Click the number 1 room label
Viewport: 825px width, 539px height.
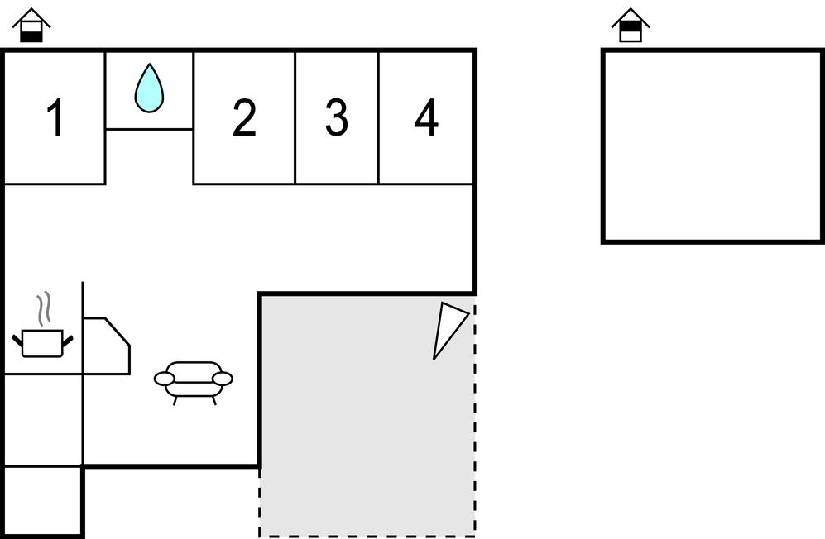pos(55,117)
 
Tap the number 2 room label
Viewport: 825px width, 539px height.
pos(245,117)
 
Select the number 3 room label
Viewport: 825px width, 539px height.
pos(337,117)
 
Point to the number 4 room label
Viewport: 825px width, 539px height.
pos(426,117)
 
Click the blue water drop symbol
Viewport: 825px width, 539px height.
pos(149,88)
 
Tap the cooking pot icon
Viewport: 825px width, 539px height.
pos(43,343)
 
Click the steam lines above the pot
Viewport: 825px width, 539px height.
pos(44,308)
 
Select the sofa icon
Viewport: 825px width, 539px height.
pos(194,382)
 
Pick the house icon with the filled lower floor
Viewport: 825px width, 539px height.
pos(31,26)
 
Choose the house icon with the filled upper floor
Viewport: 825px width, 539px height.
pos(631,26)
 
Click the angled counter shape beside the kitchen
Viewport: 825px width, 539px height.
pos(106,346)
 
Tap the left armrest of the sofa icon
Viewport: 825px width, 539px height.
pos(164,379)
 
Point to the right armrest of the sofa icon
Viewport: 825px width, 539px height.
pos(223,379)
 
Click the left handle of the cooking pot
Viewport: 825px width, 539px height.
pos(17,341)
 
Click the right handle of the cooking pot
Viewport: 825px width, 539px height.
pos(67,341)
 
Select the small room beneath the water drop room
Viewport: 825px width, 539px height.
pos(150,156)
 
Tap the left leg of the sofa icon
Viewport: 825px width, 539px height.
pos(175,400)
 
